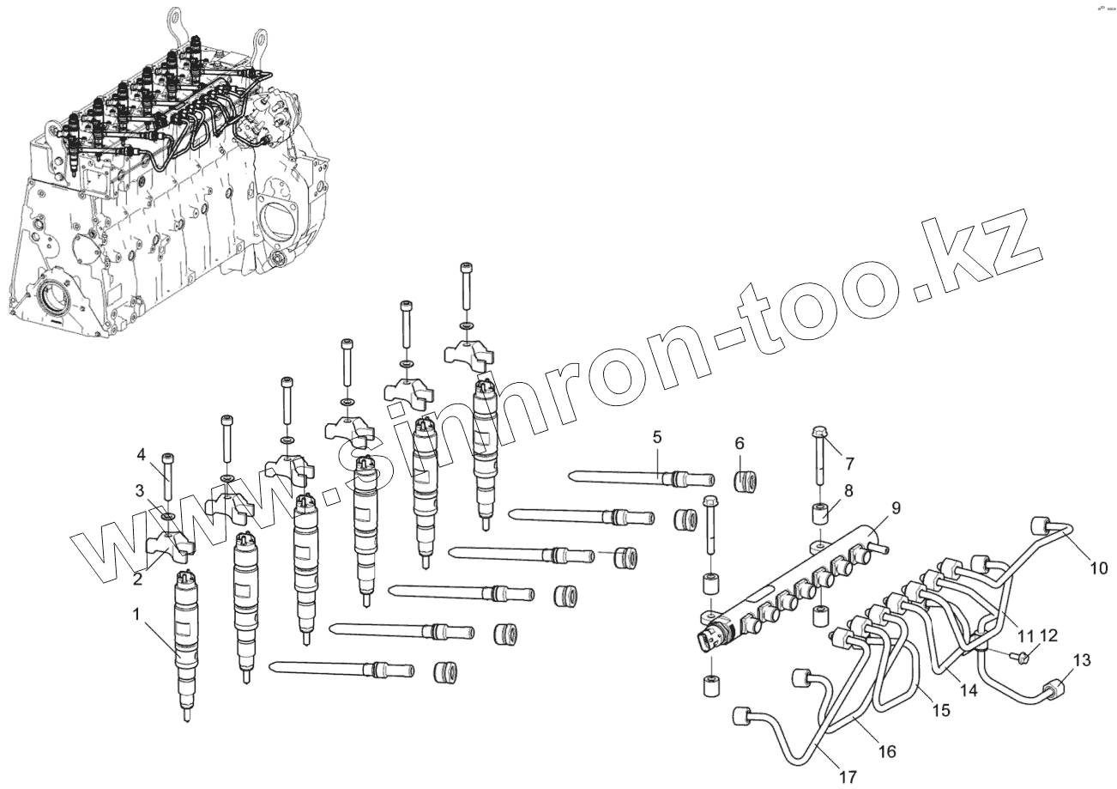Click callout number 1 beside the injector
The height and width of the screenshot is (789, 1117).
point(136,614)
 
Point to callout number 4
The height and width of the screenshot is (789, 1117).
point(141,454)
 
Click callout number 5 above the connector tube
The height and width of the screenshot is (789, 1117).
point(656,437)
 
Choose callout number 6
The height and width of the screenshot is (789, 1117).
point(739,443)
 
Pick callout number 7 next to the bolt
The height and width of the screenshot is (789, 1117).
point(849,464)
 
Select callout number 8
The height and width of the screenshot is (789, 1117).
point(848,491)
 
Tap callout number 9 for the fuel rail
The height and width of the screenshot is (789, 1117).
point(895,507)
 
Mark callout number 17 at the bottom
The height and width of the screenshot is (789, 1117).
point(848,777)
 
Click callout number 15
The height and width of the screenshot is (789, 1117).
point(941,711)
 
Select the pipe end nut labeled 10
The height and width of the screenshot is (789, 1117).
point(1042,525)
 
